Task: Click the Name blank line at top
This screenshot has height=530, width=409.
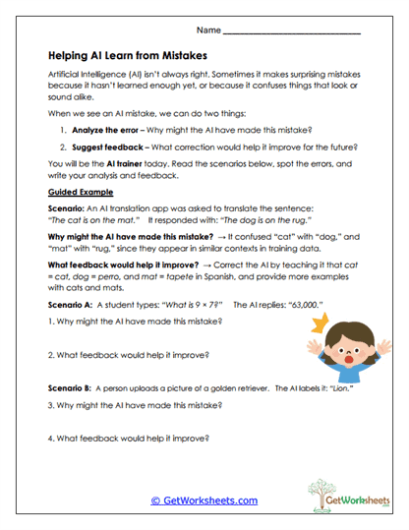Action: pos(292,32)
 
